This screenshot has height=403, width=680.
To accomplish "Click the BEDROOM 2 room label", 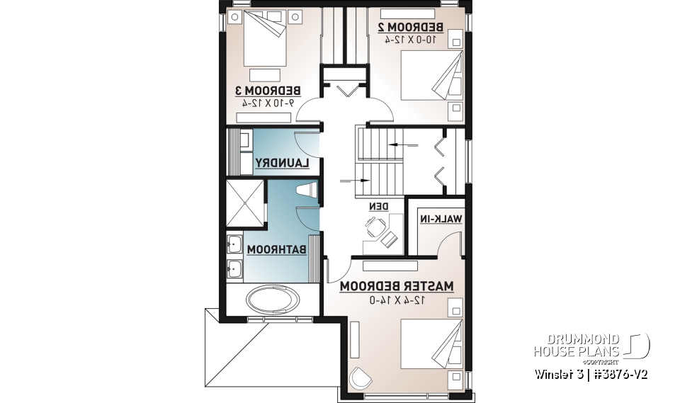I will coord(410,27).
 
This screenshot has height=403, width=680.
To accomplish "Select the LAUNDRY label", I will coord(282,163).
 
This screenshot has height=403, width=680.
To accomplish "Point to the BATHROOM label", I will coord(276,249).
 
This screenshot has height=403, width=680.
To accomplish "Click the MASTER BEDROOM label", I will coord(396,287).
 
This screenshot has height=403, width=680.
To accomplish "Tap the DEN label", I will coord(379,207).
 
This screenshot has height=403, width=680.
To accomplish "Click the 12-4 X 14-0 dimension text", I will coord(397,300).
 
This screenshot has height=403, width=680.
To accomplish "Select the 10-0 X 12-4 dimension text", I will coord(409,40).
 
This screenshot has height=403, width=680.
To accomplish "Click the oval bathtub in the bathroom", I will coord(271,298).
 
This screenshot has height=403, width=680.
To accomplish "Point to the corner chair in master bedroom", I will coord(362,379).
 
